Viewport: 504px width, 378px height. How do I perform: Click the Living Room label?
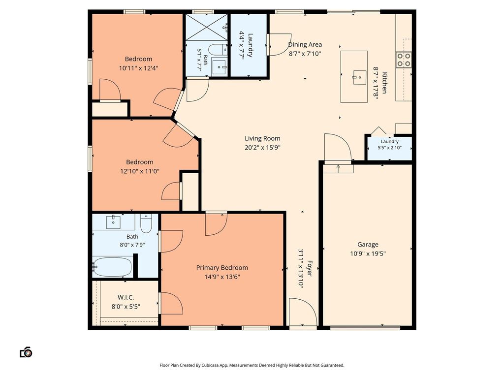click(x=263, y=138)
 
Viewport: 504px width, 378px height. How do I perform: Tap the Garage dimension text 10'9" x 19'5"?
click(x=368, y=253)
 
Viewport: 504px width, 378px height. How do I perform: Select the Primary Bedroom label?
click(x=222, y=267)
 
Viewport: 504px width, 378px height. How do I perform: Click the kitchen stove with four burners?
click(x=404, y=60)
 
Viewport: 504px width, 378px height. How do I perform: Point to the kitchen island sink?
click(x=360, y=77)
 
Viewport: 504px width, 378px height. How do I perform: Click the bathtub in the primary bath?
click(x=112, y=267)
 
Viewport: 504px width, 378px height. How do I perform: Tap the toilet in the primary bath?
click(x=146, y=223)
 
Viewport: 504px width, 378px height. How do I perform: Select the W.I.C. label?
click(x=126, y=297)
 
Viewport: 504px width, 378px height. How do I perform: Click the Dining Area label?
click(x=305, y=45)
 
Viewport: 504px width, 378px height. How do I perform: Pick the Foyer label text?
click(x=310, y=268)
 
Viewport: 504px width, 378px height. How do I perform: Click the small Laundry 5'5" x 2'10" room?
click(x=390, y=148)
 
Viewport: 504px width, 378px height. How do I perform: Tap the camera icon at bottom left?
click(x=26, y=352)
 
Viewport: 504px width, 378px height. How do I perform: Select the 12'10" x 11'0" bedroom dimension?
click(x=139, y=171)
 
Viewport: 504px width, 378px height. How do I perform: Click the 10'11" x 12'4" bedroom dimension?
click(x=138, y=68)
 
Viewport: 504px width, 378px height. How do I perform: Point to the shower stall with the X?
click(x=206, y=27)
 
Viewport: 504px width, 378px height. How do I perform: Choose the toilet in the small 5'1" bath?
click(x=218, y=50)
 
